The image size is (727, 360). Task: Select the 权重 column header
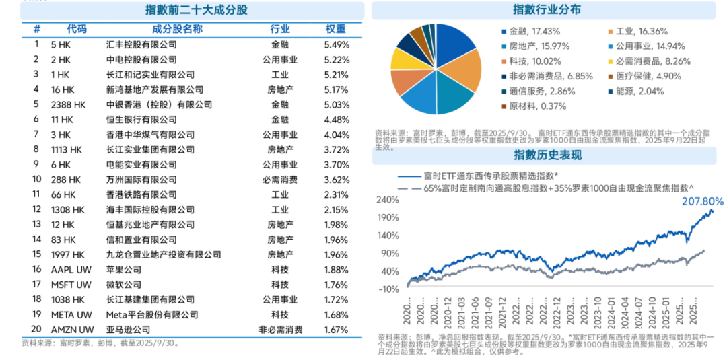[336, 29]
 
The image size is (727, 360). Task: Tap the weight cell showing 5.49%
[336, 44]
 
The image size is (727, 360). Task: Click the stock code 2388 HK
[69, 105]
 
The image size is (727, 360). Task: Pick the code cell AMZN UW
[71, 330]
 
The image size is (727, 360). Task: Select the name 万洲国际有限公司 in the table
[141, 180]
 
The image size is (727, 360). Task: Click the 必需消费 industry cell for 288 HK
[280, 180]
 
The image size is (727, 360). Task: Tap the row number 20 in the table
[36, 330]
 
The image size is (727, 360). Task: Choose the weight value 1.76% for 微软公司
[336, 285]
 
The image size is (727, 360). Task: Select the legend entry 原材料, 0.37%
[532, 106]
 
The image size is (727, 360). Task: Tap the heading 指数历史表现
[547, 155]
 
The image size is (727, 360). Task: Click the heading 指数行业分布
[547, 10]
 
